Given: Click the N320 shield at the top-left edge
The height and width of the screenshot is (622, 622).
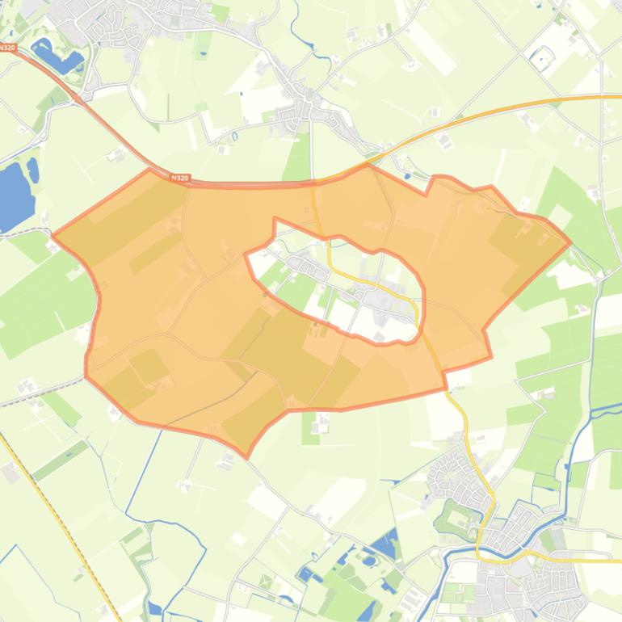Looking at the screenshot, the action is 6,48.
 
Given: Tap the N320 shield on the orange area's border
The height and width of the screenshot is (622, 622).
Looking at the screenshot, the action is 181,178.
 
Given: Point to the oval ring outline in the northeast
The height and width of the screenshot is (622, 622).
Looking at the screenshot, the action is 541,57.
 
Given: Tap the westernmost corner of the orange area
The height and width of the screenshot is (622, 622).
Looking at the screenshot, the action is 53,235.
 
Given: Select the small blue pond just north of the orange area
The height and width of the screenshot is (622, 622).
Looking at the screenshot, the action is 406,174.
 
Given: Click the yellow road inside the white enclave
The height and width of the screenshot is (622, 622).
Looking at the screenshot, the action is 364,279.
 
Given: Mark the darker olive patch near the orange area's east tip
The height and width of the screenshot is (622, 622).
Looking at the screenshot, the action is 517,234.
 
